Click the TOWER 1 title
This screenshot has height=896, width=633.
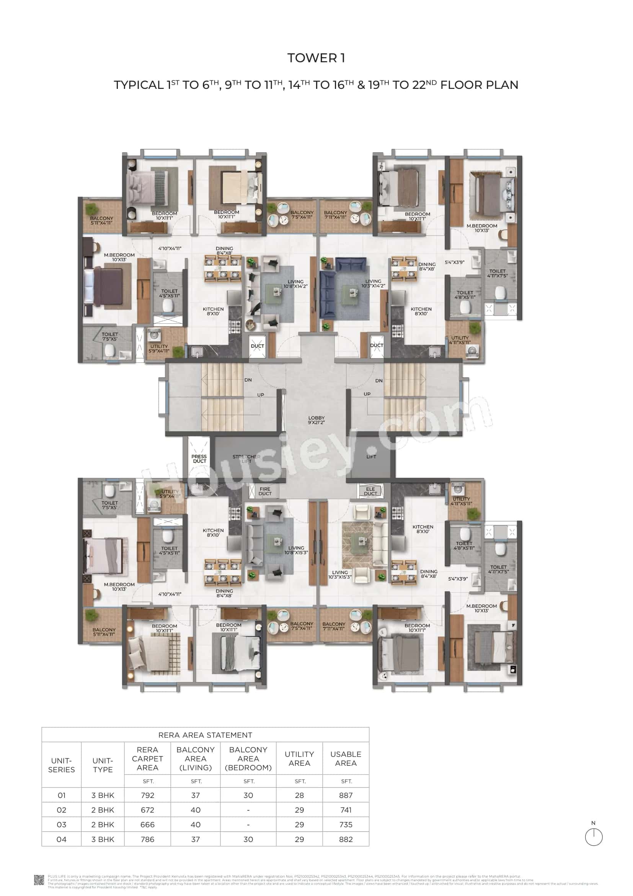pos(316,58)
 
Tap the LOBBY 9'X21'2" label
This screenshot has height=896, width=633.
pos(316,420)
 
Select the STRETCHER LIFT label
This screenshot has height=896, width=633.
pos(246,459)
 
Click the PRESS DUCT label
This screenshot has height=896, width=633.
pos(199,459)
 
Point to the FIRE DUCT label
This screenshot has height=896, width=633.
pos(265,491)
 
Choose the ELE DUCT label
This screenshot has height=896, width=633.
pos(370,491)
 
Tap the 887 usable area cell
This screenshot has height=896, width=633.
pos(346,795)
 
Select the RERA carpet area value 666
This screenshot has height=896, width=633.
pos(147,825)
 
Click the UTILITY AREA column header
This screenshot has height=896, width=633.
pos(299,758)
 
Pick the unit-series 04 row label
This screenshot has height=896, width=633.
pos(62,839)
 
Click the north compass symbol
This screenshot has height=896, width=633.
pos(594,837)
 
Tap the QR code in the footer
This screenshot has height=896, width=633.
pos(39,880)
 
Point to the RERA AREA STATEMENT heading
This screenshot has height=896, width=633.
pos(205,735)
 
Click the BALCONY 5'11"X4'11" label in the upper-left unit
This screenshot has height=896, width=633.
pos(101,221)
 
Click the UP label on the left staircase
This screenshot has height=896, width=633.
pos(260,395)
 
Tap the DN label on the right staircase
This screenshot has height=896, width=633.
pos(379,380)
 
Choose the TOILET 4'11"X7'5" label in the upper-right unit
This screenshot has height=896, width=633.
pos(498,273)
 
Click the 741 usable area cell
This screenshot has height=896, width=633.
pos(346,810)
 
